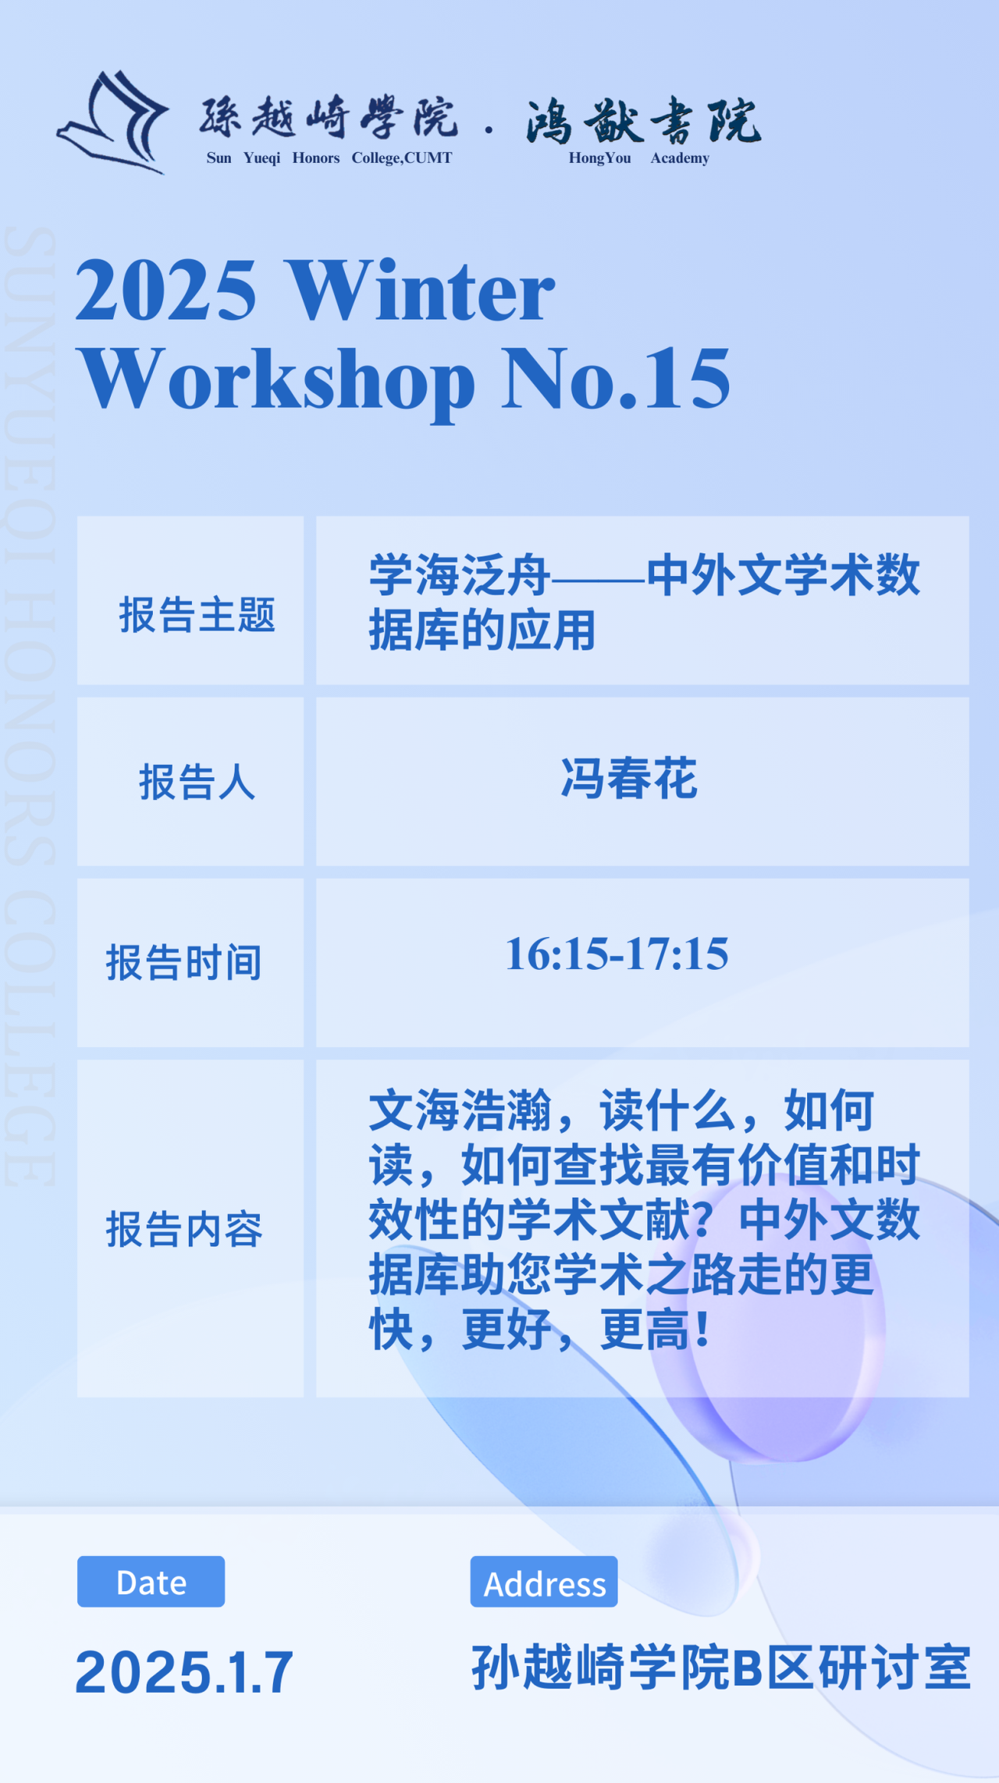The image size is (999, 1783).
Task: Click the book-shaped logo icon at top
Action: [x=113, y=122]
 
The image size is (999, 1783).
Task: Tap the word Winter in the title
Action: [x=421, y=290]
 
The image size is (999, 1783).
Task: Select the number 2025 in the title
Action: [x=165, y=290]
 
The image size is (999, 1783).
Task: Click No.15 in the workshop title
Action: [x=617, y=378]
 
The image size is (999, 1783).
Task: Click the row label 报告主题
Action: [x=197, y=615]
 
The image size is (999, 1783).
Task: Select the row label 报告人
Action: [x=197, y=782]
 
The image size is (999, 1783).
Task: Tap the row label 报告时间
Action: [x=184, y=962]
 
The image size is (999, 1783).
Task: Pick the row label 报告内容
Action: [x=184, y=1229]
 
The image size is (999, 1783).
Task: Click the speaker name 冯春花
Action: [x=629, y=779]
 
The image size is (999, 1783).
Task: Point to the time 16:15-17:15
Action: [x=617, y=954]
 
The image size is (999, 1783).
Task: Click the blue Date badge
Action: [x=151, y=1582]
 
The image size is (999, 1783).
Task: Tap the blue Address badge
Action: [x=544, y=1582]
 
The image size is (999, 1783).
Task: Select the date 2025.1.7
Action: [x=184, y=1672]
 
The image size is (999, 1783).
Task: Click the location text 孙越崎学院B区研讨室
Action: [x=721, y=1667]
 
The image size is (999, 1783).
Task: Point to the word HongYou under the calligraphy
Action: [x=599, y=158]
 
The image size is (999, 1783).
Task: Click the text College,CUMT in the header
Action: [x=402, y=158]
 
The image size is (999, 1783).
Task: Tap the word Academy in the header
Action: [x=680, y=158]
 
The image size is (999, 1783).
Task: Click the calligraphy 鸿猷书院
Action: [x=644, y=121]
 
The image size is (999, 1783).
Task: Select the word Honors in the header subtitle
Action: [x=316, y=158]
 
